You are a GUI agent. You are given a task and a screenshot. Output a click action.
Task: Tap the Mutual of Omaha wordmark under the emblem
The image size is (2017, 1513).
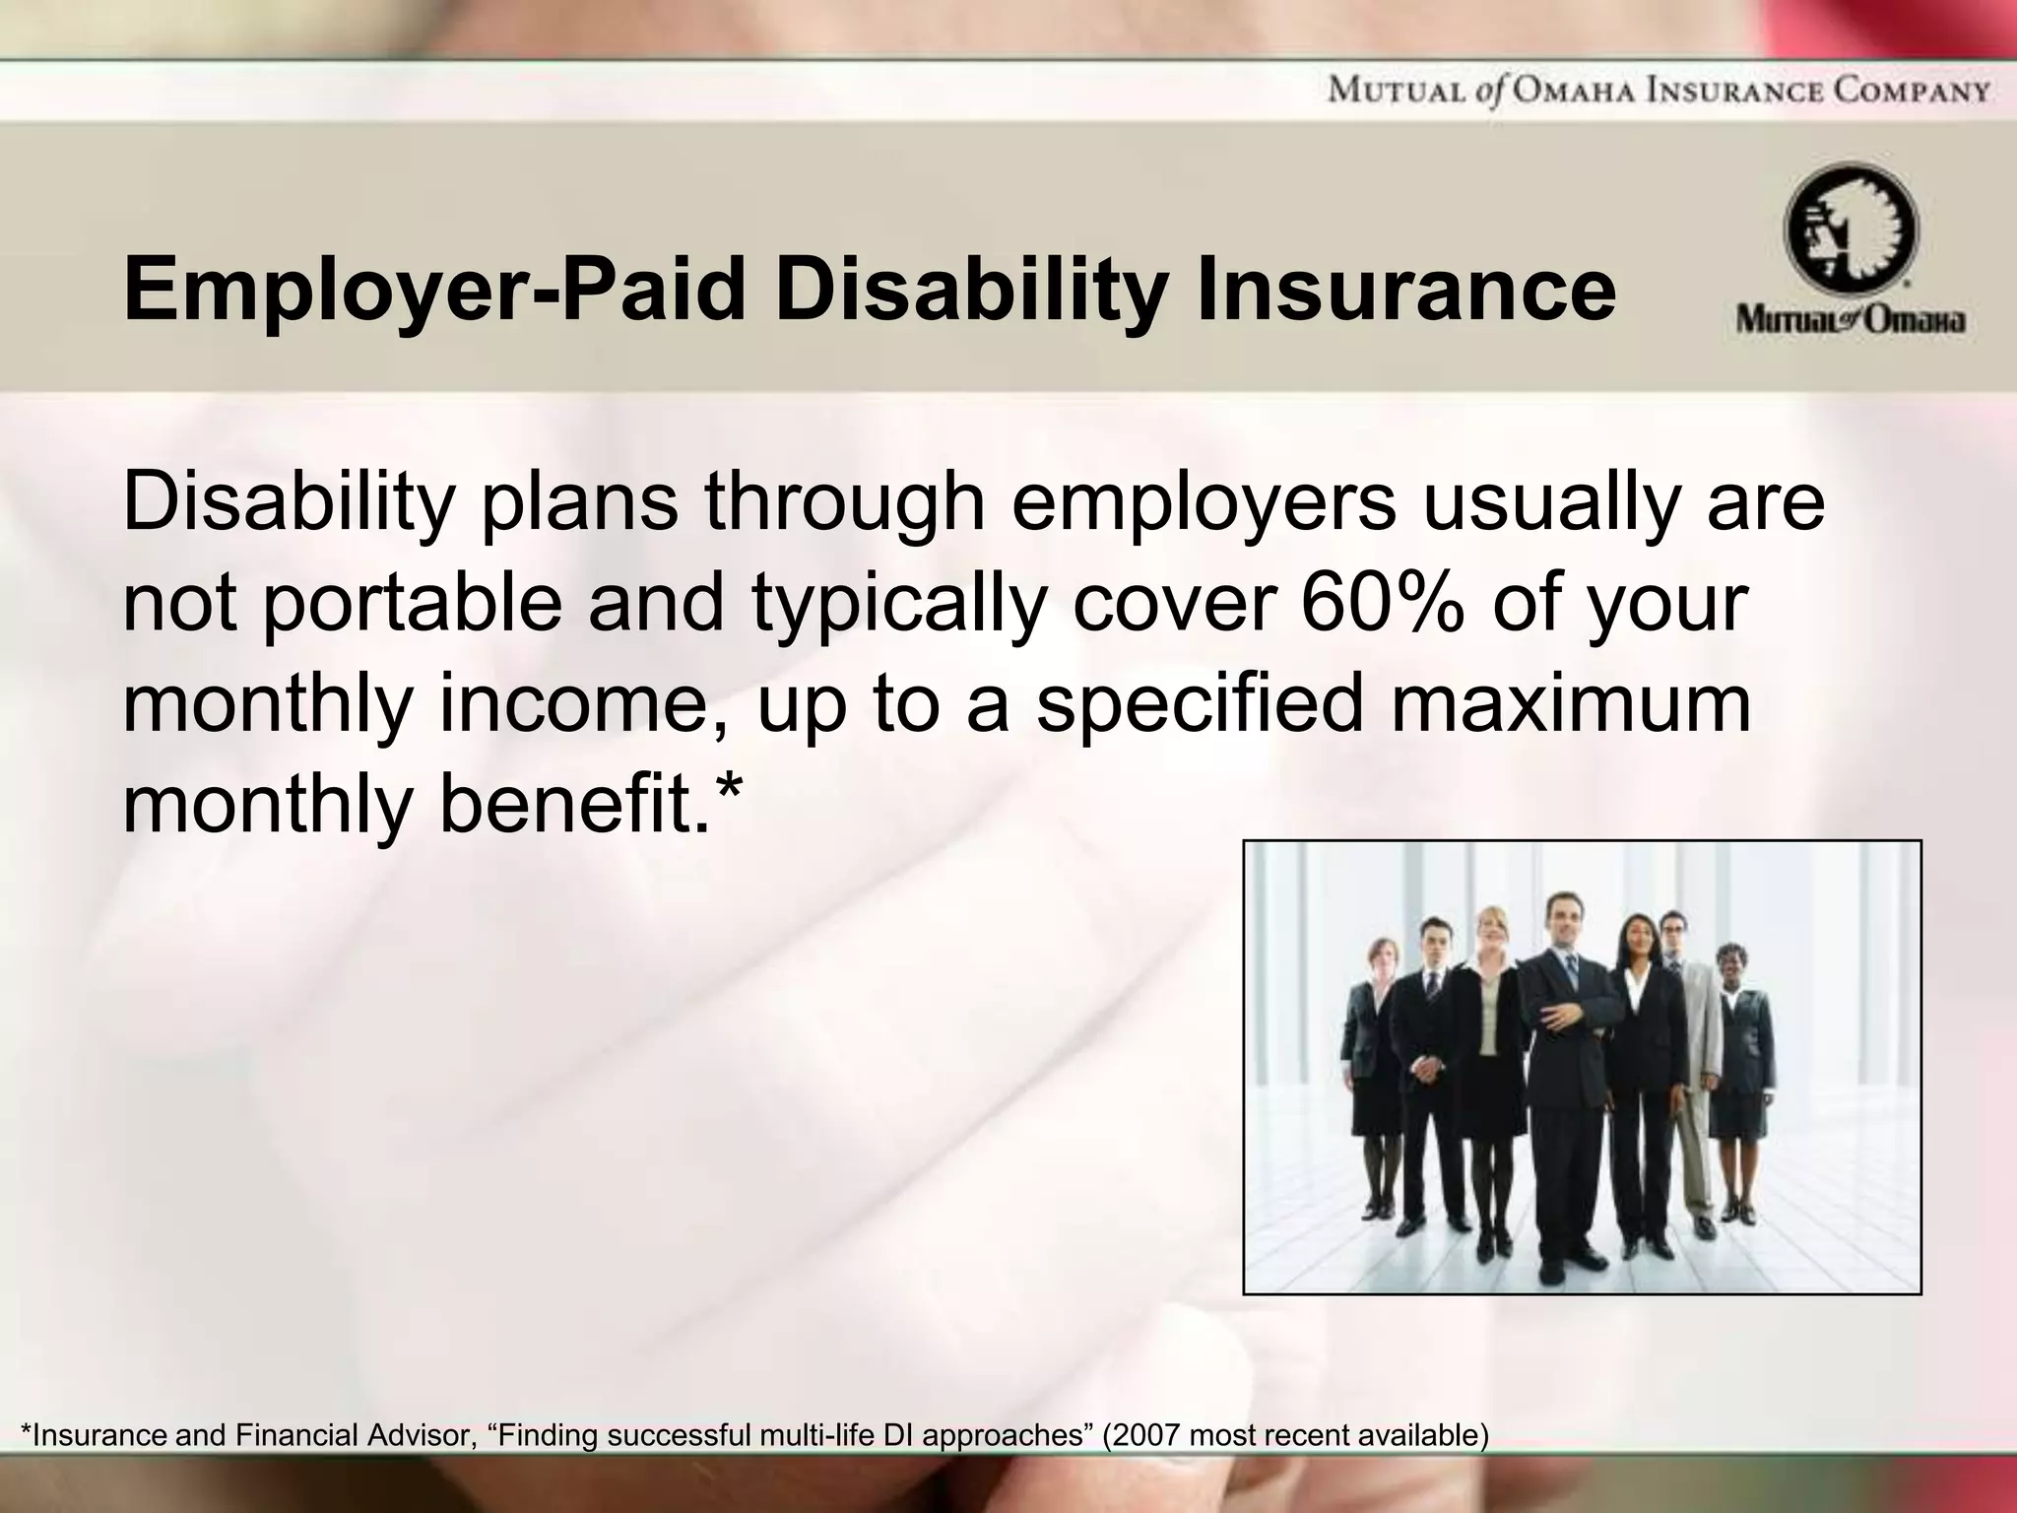pos(1851,322)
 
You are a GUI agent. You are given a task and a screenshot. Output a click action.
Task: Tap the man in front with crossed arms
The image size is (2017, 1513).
pos(1562,1064)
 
